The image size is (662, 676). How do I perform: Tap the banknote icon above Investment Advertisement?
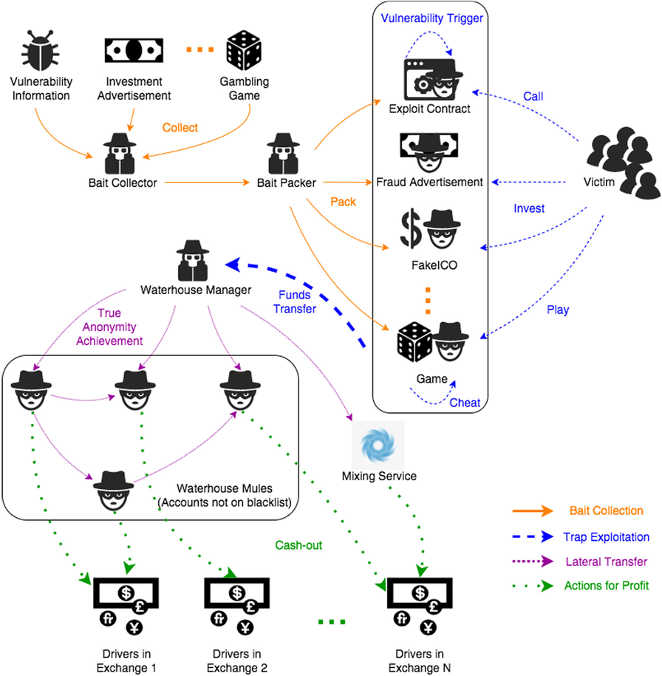pos(133,50)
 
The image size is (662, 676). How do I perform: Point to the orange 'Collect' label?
pos(180,128)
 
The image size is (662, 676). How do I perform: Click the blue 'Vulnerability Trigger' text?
pos(432,18)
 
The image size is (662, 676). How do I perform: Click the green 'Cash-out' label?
pos(299,544)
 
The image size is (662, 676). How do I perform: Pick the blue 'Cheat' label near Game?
pos(465,403)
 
